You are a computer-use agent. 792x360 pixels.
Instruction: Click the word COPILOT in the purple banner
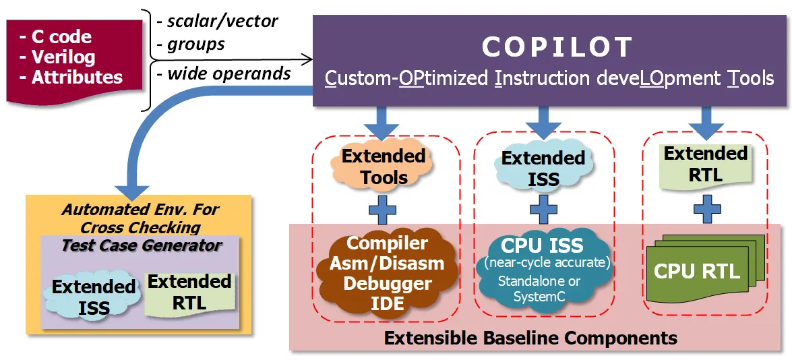point(557,47)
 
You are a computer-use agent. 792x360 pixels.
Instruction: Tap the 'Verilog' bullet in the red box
point(57,57)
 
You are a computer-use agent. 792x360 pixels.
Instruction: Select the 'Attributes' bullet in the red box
point(71,78)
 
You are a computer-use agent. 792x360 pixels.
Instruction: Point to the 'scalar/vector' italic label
point(217,21)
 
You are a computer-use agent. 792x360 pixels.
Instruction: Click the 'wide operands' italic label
point(224,73)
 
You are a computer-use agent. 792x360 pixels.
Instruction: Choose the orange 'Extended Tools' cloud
point(383,167)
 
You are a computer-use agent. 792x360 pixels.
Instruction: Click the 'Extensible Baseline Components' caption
point(530,338)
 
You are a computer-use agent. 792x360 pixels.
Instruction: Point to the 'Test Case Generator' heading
point(142,245)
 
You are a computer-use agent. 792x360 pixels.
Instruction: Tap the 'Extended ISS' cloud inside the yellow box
point(94,296)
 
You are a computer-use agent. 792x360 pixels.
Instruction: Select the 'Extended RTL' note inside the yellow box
point(189,293)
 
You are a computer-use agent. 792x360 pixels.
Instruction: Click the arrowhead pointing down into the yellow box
point(132,191)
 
